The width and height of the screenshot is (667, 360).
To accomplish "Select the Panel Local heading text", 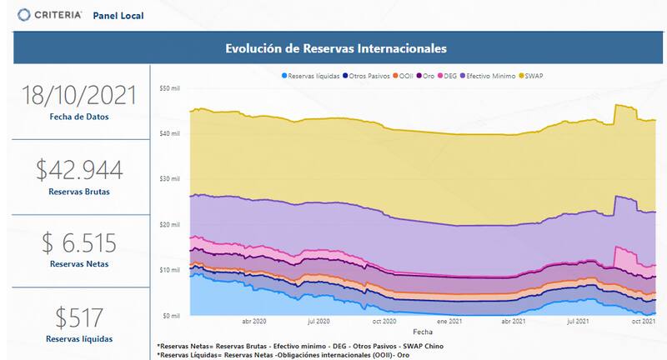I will tap(118, 15).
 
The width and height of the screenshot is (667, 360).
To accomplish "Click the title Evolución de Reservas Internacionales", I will tap(336, 48).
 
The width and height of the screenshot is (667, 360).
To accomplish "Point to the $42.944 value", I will tap(79, 170).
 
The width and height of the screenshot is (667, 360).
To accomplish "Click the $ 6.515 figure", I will tap(79, 243).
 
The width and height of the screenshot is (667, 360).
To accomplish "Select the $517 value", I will tap(79, 317).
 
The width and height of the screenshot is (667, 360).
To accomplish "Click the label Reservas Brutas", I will tap(79, 192).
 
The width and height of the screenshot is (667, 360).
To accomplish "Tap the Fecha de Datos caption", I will tap(79, 117).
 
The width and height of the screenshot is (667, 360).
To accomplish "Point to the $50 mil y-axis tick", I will tap(169, 88).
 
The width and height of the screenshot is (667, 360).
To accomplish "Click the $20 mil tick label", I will tap(169, 225).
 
